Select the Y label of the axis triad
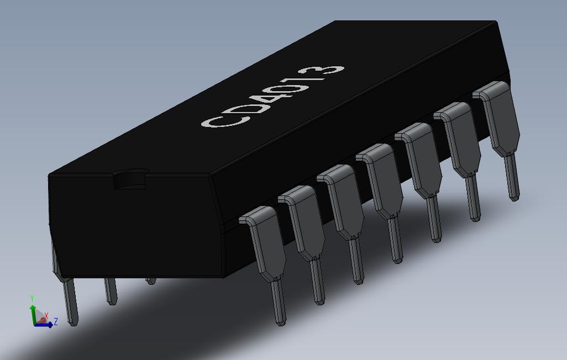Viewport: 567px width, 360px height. point(33,298)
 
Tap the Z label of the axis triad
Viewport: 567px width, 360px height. point(55,322)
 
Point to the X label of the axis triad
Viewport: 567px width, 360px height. point(47,315)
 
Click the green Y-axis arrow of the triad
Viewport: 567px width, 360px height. point(33,312)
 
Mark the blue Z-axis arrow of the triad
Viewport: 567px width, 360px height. point(44,325)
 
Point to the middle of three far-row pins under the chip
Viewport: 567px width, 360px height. point(111,291)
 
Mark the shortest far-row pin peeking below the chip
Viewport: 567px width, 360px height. point(151,281)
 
